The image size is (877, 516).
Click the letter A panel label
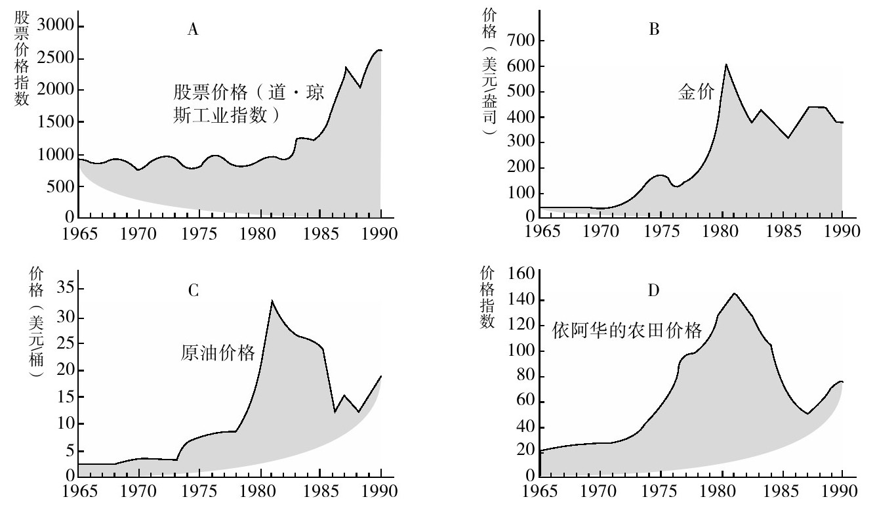[192, 30]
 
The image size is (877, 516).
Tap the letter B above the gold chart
[653, 30]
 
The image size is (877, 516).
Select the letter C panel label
[193, 290]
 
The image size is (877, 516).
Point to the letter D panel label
[653, 290]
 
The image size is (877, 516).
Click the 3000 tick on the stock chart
[55, 26]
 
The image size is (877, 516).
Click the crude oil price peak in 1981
[272, 301]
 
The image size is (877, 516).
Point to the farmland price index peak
[734, 293]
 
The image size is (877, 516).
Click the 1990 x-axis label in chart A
[380, 234]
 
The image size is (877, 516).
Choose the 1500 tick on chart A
[55, 122]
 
